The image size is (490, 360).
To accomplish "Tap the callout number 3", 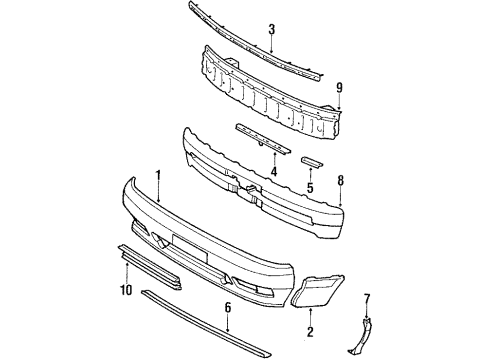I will click(271, 31).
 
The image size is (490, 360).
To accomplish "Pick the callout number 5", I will click(309, 185).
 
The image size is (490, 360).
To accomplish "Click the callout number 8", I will click(340, 181).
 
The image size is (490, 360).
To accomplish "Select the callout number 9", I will click(339, 86).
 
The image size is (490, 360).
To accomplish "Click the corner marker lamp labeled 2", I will click(318, 294).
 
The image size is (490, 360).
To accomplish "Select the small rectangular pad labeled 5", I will click(310, 162).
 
